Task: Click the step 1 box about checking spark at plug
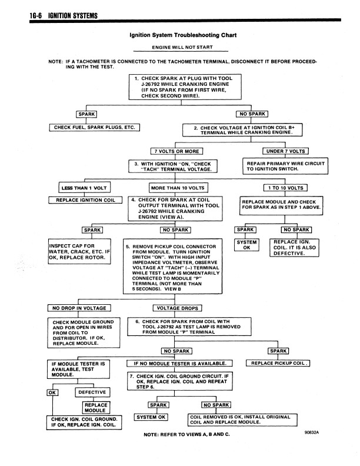[182, 88]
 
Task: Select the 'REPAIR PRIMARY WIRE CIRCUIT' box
[285, 165]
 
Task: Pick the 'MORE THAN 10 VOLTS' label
[177, 188]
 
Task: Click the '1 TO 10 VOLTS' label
[285, 188]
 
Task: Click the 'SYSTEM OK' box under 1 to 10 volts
[246, 244]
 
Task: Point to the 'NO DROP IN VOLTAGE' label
[79, 308]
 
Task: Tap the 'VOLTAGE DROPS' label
[177, 308]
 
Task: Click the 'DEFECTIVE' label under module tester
[92, 392]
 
